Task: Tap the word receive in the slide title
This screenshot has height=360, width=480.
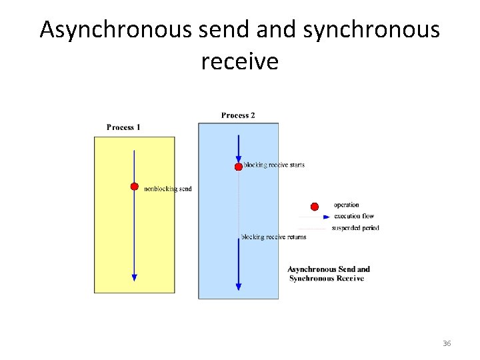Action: (x=239, y=61)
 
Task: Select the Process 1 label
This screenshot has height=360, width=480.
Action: (x=123, y=127)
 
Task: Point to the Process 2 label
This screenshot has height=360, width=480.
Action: (x=238, y=115)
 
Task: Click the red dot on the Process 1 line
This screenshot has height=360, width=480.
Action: (x=134, y=187)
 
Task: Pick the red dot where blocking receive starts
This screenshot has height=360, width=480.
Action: (x=238, y=167)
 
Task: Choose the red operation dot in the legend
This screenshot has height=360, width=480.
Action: (x=315, y=206)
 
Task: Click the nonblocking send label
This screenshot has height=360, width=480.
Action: (x=168, y=189)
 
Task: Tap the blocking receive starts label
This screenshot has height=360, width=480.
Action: (x=274, y=165)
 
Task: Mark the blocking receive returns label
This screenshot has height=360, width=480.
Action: (x=274, y=237)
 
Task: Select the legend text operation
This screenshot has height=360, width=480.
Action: (x=346, y=205)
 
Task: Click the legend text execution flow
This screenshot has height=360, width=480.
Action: (x=354, y=216)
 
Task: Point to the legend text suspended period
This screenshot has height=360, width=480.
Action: (x=355, y=228)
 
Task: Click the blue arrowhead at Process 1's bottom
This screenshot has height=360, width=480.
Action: (x=134, y=277)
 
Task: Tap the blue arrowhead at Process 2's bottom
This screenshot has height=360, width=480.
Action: (x=238, y=286)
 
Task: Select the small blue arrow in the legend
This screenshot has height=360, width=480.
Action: (x=325, y=217)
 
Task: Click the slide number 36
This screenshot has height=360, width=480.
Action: (x=447, y=343)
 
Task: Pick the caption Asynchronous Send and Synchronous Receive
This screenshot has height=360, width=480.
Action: (x=328, y=273)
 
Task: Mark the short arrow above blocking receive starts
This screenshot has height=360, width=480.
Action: (x=238, y=148)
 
